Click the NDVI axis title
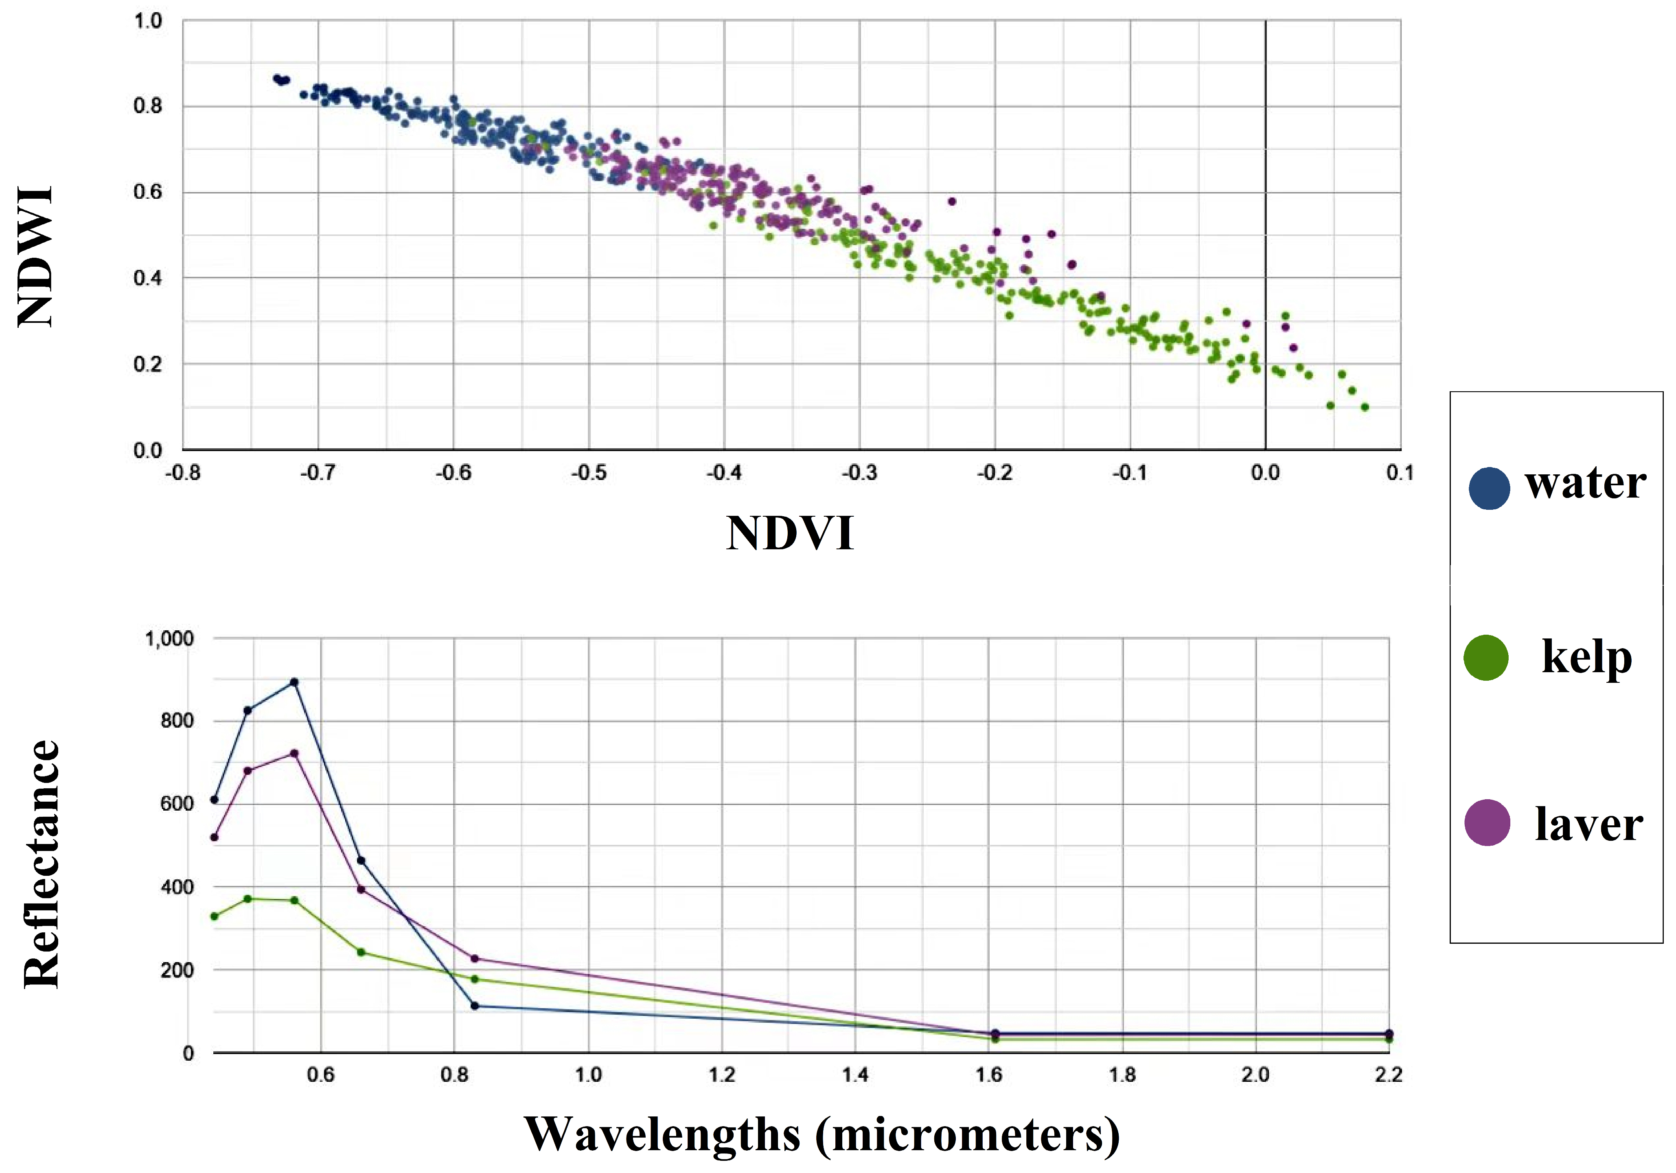790,534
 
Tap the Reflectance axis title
42,864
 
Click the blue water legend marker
1488,488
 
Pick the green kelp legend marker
1485,658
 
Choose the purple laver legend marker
1487,822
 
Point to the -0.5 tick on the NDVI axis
588,473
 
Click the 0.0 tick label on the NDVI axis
1265,473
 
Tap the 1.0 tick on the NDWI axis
148,21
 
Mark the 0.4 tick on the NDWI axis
148,278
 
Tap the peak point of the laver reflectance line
294,753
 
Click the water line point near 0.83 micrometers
475,1006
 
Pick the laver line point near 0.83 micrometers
475,958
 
